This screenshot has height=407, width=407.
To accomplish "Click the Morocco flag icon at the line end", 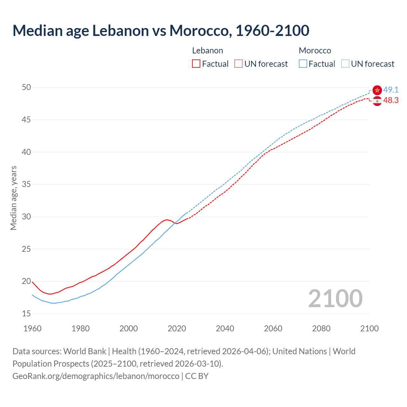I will [x=377, y=90].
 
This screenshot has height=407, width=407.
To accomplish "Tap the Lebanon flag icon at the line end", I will [x=377, y=101].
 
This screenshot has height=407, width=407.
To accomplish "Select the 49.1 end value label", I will [x=391, y=90].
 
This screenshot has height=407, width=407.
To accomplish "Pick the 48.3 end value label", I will [x=391, y=100].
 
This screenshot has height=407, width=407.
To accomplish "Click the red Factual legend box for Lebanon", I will [x=196, y=64].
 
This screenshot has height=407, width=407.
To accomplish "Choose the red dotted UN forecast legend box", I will [x=238, y=64].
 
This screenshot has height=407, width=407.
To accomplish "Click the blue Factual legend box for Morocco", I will [x=303, y=64].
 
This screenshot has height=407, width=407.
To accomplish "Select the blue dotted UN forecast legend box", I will [x=345, y=64].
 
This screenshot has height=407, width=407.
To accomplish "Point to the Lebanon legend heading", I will [x=208, y=51].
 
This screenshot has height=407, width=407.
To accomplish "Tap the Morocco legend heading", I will [x=315, y=51].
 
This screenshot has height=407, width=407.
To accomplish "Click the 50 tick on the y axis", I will [x=26, y=87].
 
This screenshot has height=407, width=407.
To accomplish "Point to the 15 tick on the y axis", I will [x=26, y=314].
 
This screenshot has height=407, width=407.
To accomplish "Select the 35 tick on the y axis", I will [x=26, y=184].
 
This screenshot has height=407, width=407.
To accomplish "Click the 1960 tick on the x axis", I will [x=32, y=328].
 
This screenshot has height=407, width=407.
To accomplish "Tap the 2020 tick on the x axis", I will [x=177, y=328].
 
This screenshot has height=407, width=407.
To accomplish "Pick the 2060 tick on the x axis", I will [x=273, y=328].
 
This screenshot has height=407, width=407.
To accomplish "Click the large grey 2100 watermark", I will [x=335, y=299].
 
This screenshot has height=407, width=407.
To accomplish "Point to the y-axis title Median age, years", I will [x=13, y=198].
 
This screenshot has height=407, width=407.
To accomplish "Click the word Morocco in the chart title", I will [x=199, y=31].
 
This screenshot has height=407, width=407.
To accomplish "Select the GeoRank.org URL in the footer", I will [x=96, y=376].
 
